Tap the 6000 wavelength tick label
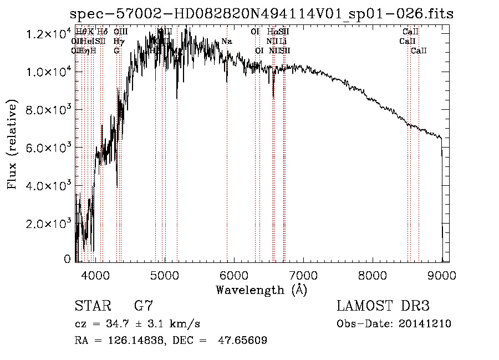(234, 275)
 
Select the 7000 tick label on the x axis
(303, 275)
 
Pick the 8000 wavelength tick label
(373, 275)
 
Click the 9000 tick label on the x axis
(442, 275)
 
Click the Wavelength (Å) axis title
(261, 290)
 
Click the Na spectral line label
(226, 42)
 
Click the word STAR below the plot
(91, 306)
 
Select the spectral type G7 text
(143, 306)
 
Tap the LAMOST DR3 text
(383, 306)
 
